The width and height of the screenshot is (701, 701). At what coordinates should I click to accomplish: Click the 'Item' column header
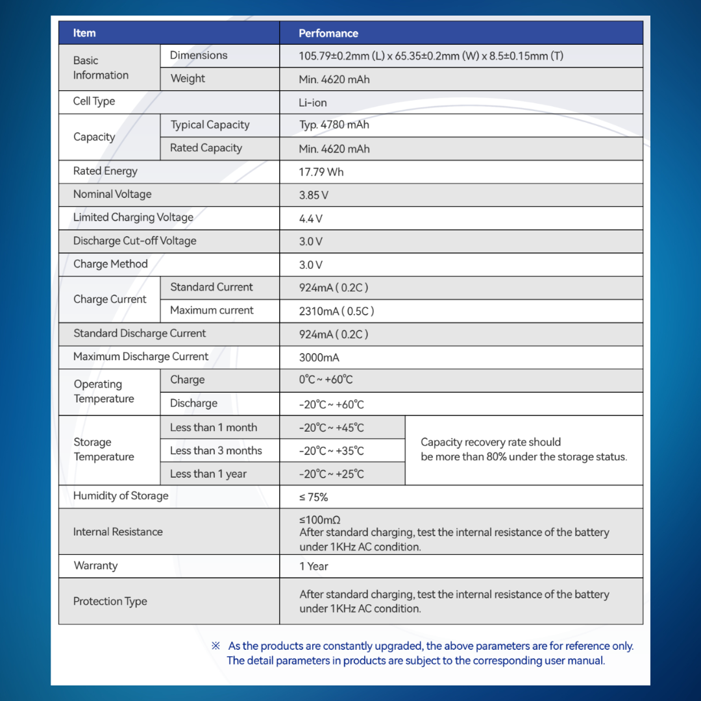[84, 33]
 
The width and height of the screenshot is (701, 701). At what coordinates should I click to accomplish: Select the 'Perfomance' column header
[328, 33]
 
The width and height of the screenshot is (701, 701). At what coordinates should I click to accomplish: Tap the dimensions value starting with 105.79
[431, 56]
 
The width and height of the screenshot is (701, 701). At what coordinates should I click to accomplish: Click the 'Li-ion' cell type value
[313, 103]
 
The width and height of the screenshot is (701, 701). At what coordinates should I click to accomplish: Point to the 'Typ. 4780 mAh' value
[334, 125]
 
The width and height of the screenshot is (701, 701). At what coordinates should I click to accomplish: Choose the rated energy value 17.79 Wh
[321, 172]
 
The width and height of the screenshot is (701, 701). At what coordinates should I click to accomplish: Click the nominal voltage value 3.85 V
[314, 195]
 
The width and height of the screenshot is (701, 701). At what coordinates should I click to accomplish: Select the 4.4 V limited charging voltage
[311, 219]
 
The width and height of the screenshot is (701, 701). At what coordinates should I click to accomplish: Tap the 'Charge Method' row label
[110, 264]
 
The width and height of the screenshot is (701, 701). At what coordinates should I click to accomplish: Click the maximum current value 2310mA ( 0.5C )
[336, 311]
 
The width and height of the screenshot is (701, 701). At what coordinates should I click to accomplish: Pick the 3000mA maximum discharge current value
[319, 358]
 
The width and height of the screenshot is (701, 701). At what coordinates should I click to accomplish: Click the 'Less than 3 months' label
[216, 450]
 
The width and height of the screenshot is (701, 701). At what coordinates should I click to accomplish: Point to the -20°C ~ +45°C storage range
[331, 428]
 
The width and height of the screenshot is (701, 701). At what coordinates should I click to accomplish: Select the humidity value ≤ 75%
[314, 497]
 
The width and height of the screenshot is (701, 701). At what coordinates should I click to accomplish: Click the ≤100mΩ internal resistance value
[320, 519]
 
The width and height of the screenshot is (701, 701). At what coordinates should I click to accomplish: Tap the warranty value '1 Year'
[314, 566]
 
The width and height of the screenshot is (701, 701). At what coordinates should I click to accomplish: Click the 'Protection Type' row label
[110, 601]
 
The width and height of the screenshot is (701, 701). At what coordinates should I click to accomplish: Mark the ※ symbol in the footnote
[215, 646]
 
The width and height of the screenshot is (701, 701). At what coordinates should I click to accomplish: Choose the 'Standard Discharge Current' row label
[140, 334]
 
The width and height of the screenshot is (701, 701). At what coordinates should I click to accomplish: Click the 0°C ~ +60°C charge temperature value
[326, 380]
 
